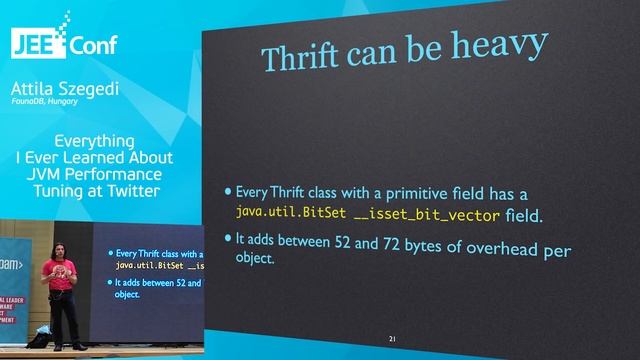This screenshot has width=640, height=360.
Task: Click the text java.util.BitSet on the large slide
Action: (x=279, y=213)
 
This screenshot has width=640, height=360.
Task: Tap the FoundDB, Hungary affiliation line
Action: (x=43, y=101)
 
